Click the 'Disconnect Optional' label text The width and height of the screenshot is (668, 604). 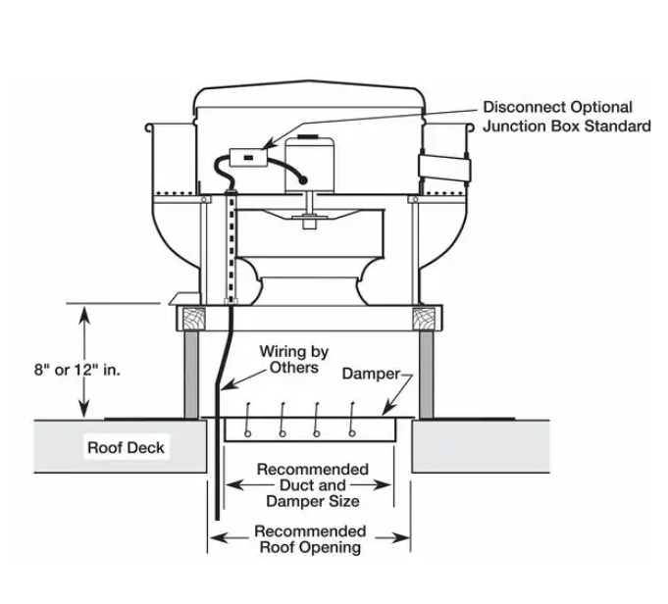(556, 107)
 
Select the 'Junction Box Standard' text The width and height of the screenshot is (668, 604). (566, 126)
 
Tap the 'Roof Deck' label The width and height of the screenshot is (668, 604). (126, 448)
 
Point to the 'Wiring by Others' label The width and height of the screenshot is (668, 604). (293, 359)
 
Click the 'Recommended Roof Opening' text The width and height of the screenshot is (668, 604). (310, 539)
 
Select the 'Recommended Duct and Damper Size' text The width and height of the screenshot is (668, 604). (313, 485)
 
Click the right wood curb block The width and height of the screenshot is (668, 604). (428, 317)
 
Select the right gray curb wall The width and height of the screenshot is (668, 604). (428, 374)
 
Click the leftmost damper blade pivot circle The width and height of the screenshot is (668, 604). (249, 432)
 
